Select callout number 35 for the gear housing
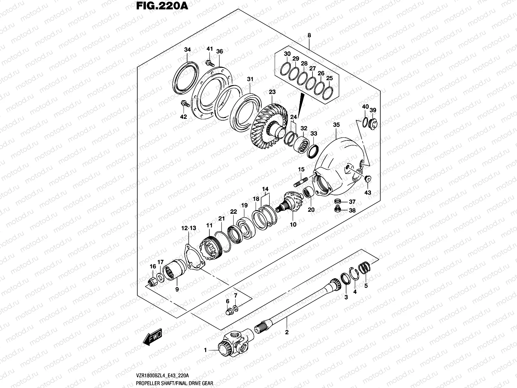(336, 124)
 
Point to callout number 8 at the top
(309, 36)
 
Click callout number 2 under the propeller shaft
(286, 332)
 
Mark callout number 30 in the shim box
(287, 54)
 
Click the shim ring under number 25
(327, 93)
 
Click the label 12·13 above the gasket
(189, 228)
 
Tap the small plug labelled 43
(368, 179)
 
